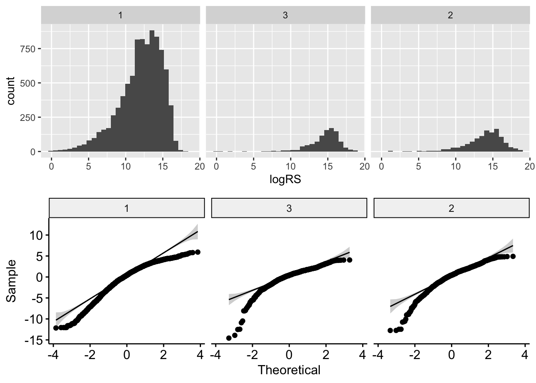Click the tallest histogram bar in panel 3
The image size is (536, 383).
(x=331, y=140)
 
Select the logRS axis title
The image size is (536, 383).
(x=285, y=180)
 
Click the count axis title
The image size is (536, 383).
(x=11, y=91)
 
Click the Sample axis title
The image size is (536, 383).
(x=11, y=280)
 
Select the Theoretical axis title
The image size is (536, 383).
(x=289, y=370)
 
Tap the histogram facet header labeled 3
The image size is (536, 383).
(x=285, y=16)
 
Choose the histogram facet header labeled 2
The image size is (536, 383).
(x=450, y=16)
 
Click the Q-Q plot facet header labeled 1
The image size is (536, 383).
(x=126, y=208)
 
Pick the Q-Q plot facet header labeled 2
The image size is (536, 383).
(x=451, y=208)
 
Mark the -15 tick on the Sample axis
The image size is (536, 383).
(x=35, y=340)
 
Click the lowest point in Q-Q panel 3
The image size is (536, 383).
(x=229, y=338)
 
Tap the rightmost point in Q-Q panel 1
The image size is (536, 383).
(x=197, y=252)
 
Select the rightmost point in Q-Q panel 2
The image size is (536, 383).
(x=513, y=256)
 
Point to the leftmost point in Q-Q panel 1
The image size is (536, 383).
(x=56, y=328)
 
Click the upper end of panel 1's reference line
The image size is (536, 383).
(x=197, y=231)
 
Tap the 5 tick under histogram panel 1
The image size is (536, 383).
(x=89, y=166)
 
